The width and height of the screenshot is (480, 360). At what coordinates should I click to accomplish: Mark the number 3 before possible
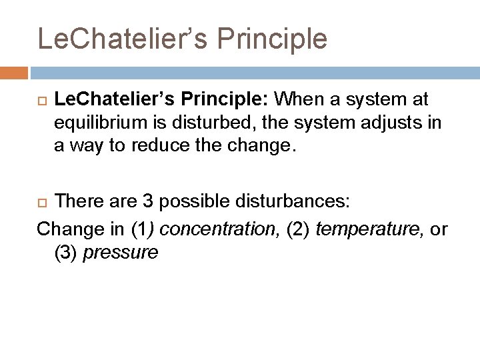[150, 201]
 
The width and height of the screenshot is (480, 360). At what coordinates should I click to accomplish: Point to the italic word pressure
[121, 252]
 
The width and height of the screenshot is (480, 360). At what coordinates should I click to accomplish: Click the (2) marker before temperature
[297, 229]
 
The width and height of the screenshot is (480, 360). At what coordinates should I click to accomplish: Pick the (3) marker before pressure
[66, 252]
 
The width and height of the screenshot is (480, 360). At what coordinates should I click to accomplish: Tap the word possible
[193, 201]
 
